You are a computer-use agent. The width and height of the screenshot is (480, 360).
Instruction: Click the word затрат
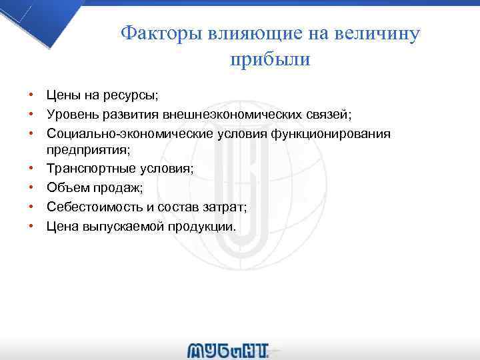pyautogui.click(x=223, y=207)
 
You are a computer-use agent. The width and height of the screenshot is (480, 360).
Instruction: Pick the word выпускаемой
pyautogui.click(x=118, y=226)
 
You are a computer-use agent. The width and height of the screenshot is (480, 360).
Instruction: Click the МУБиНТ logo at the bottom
pyautogui.click(x=229, y=350)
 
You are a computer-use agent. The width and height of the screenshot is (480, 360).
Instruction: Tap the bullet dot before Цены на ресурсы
pyautogui.click(x=31, y=97)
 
